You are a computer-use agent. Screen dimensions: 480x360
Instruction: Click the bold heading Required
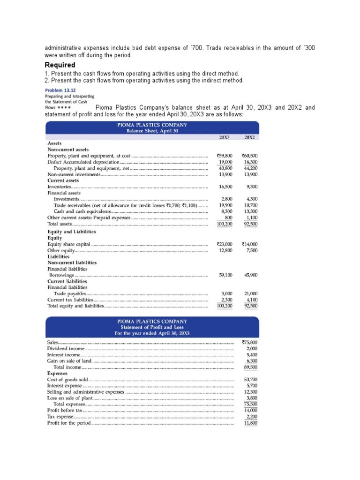[x=60, y=65]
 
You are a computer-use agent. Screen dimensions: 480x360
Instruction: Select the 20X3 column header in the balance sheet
[x=225, y=138]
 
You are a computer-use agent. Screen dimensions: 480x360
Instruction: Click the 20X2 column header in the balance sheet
[x=249, y=138]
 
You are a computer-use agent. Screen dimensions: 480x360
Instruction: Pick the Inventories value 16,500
[x=225, y=187]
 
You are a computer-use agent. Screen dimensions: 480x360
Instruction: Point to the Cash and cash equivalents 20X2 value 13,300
[x=250, y=211]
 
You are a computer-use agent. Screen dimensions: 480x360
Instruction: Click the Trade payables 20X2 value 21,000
[x=250, y=293]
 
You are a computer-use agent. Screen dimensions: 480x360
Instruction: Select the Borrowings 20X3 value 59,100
[x=225, y=275]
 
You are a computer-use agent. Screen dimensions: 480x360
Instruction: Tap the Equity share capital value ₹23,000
[x=225, y=244]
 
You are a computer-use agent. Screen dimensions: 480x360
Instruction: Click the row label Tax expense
[x=60, y=417]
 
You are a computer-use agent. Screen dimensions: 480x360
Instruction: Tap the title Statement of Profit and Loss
[x=152, y=327]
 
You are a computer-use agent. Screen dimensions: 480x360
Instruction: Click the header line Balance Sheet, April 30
[x=152, y=131]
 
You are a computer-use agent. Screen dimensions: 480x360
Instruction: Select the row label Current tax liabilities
[x=71, y=300]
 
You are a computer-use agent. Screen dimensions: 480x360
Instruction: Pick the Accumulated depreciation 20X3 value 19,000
[x=225, y=162]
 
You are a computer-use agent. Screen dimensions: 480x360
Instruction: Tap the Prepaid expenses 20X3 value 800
[x=228, y=217]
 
